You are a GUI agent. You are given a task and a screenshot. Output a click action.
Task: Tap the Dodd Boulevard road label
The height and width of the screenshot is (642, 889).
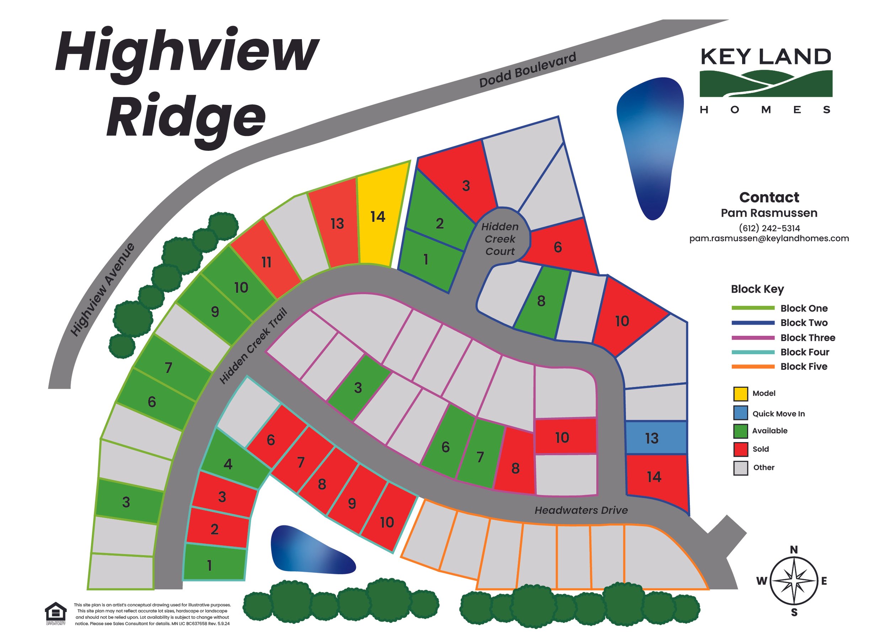(528, 70)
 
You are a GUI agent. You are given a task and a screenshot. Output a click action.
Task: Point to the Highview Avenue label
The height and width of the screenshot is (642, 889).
(103, 290)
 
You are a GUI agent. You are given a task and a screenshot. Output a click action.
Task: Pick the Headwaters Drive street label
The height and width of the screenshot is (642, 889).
(581, 510)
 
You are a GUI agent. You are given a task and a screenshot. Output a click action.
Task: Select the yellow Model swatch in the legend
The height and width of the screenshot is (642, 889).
(740, 394)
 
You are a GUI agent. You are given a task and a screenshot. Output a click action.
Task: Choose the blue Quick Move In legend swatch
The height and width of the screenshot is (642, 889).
(740, 413)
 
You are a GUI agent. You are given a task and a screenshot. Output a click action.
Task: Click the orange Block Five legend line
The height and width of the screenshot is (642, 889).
(752, 367)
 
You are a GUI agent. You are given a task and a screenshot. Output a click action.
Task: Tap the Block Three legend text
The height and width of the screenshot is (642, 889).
(808, 338)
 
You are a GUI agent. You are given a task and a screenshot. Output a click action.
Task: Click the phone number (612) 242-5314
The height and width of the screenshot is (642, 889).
(769, 228)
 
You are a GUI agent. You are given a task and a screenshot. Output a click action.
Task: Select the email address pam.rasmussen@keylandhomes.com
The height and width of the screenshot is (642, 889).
(769, 238)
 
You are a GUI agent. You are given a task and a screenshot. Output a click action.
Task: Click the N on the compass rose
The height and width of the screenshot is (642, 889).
(794, 550)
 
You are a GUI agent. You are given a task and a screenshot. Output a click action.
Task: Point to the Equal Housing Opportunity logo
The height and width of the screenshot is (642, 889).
(56, 612)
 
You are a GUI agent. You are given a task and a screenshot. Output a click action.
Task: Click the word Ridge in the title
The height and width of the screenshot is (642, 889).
(186, 118)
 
